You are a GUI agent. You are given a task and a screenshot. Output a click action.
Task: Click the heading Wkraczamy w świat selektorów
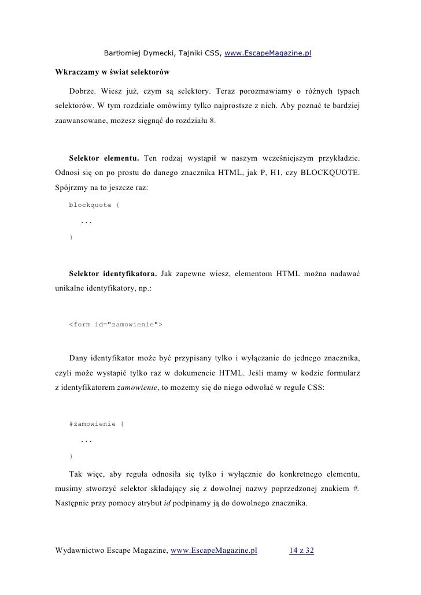[x=112, y=73]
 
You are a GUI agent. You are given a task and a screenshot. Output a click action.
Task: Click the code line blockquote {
[x=94, y=205]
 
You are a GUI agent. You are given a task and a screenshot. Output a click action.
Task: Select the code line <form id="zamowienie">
[x=115, y=325]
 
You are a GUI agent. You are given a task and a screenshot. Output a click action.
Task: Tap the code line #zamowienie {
[x=96, y=424]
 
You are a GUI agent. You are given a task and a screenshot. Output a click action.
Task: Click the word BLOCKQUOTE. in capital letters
[x=334, y=173]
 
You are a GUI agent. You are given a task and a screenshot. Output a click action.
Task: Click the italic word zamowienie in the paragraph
[x=138, y=389]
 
